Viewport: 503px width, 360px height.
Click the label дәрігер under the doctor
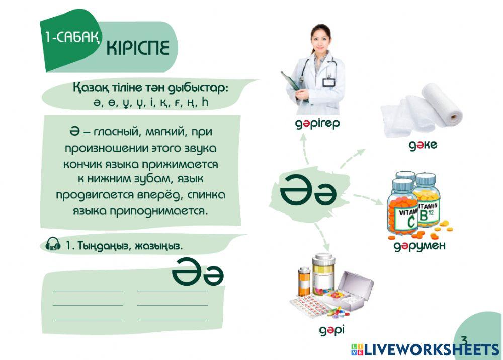(317, 123)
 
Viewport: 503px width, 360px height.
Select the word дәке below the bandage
(423, 146)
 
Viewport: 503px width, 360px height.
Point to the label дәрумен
(419, 247)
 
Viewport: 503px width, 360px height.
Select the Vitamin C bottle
(403, 214)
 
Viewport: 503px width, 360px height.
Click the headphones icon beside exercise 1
(53, 245)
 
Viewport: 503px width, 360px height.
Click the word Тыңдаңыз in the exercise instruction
(99, 246)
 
